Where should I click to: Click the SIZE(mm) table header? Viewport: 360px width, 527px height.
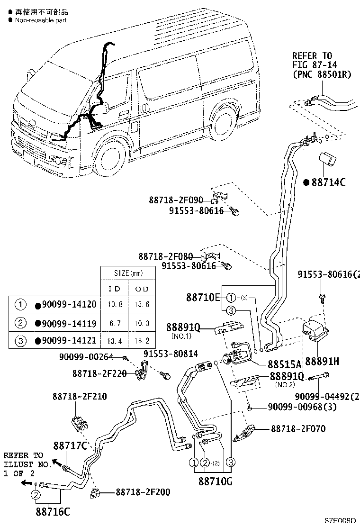click(x=128, y=273)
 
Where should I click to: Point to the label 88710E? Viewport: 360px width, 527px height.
click(x=203, y=297)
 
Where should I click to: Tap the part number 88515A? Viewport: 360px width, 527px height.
click(x=284, y=364)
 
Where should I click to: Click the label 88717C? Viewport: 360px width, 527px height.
click(x=70, y=445)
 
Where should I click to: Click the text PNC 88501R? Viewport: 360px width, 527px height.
click(x=322, y=74)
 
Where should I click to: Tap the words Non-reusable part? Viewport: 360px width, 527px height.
click(x=41, y=20)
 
